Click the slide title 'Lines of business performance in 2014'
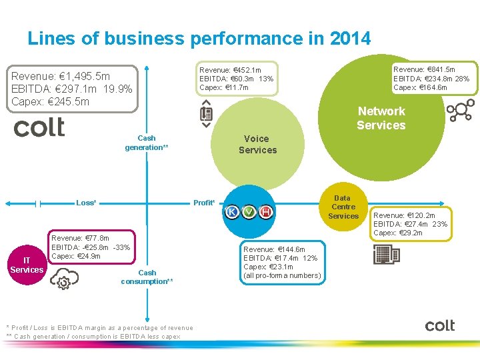point(199,38)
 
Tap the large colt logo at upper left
point(39,127)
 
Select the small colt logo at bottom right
point(440,325)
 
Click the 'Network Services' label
point(381,118)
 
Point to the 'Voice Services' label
point(257,144)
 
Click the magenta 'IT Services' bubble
point(27,265)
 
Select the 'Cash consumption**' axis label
point(147,277)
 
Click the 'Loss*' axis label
point(87,203)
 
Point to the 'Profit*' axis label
point(204,203)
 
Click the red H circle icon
point(265,212)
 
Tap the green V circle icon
point(249,212)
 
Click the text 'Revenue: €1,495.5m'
point(61,76)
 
